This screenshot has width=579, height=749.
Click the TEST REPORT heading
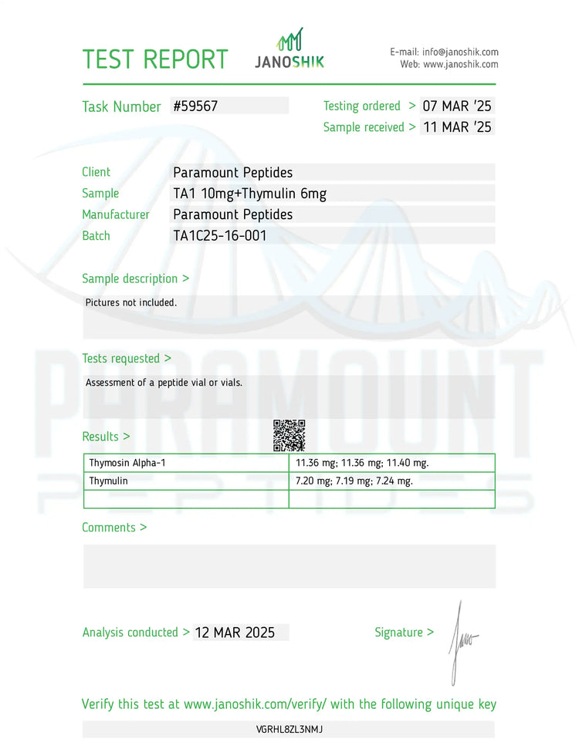coord(155,59)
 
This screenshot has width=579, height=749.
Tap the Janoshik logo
coord(289,49)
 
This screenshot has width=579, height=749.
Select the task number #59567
coord(196,106)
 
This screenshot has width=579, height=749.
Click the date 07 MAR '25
coord(457,106)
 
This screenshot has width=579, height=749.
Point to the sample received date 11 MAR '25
coord(457,127)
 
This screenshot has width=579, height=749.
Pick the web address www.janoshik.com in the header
coord(460,65)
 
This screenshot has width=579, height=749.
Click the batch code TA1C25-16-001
coord(220,236)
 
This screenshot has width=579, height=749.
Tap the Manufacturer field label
coord(116,214)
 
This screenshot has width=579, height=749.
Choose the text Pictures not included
coord(131,302)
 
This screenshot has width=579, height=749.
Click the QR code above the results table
coord(289,436)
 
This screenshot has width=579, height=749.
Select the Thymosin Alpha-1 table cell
coord(127,463)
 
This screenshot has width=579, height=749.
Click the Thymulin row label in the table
coord(109,481)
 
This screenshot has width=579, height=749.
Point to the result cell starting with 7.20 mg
coord(354,481)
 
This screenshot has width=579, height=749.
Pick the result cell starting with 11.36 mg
coord(362,463)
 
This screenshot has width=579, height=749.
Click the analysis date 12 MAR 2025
coord(235,633)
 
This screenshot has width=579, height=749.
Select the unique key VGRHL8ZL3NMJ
coord(289,729)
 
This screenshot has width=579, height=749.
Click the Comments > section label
coord(114,528)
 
